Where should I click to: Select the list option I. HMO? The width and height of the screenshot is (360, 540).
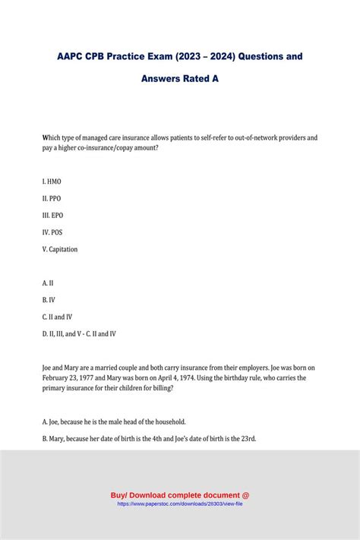[x=52, y=182]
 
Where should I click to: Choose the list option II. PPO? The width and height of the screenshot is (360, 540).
[x=52, y=198]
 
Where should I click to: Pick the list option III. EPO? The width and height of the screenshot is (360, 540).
[x=53, y=215]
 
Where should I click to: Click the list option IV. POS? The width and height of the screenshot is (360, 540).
[x=53, y=232]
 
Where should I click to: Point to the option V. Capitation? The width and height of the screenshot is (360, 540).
[x=60, y=249]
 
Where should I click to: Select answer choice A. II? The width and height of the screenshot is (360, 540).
[x=48, y=283]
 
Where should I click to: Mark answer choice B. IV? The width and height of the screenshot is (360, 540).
[x=49, y=299]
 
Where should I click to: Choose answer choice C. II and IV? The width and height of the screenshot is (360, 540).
[x=58, y=316]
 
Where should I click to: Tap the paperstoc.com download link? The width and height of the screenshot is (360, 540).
[x=180, y=504]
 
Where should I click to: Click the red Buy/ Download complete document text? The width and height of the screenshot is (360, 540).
[x=180, y=495]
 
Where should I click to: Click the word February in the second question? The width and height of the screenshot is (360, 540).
[x=58, y=377]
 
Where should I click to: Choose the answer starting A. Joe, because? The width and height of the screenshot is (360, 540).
[x=114, y=422]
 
